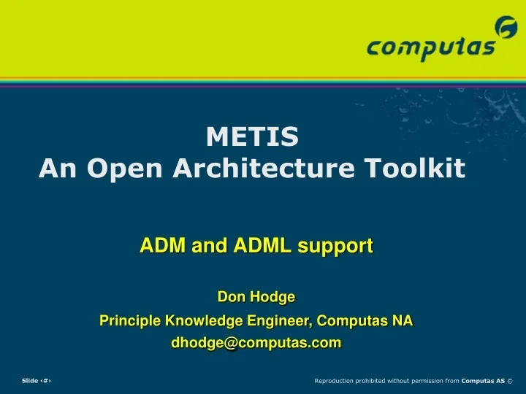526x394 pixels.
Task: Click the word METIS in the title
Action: pos(252,136)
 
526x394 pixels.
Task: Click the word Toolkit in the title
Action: pos(424,169)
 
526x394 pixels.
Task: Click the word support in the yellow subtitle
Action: pos(337,247)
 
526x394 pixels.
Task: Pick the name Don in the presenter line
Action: pos(230,297)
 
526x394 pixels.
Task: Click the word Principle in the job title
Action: pos(130,320)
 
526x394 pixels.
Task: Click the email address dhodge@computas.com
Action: pos(256,343)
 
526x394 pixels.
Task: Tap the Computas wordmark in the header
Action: pos(431,49)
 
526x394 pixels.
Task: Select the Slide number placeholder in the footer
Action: pos(36,381)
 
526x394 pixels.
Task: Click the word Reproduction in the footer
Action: pos(335,381)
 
